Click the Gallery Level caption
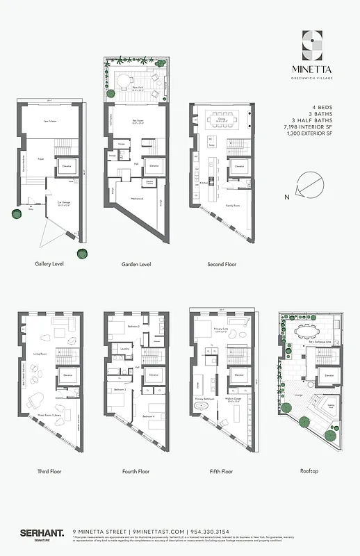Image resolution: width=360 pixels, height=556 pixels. (x=50, y=264)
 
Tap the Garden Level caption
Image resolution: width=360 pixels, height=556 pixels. (x=136, y=264)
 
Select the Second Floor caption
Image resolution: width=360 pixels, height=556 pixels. (x=222, y=264)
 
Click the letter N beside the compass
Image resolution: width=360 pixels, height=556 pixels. (x=287, y=197)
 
